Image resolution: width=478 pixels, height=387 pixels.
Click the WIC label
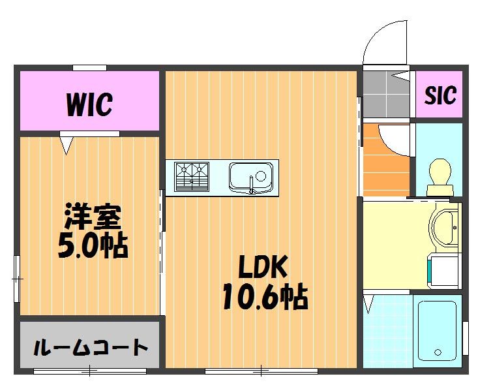click(89, 104)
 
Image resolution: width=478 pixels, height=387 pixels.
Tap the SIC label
click(440, 95)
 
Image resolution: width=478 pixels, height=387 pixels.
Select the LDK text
click(263, 267)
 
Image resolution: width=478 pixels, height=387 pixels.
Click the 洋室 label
click(93, 217)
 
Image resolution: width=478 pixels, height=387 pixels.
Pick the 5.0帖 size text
click(93, 245)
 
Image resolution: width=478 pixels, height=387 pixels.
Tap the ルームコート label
click(90, 347)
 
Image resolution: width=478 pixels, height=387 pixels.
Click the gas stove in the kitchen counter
click(192, 177)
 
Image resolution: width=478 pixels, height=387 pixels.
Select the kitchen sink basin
click(251, 178)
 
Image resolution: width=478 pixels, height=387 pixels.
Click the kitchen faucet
click(251, 185)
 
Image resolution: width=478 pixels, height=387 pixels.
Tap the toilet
click(440, 177)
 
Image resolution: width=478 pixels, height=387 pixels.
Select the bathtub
click(437, 331)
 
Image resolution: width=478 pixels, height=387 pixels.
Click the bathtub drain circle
click(438, 352)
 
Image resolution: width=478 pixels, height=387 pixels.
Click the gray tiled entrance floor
click(386, 95)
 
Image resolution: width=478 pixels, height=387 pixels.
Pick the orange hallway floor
click(385, 159)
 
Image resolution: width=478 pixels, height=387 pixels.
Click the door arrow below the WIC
click(67, 146)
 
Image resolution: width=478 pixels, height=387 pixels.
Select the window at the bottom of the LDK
click(261, 371)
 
